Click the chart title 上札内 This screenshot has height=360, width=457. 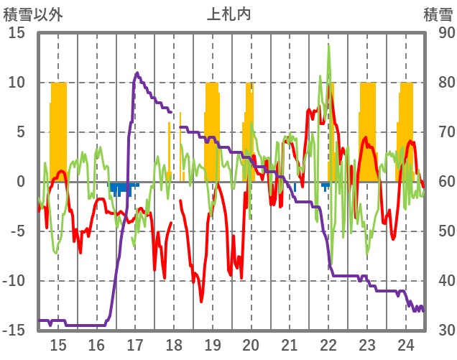(x=228, y=14)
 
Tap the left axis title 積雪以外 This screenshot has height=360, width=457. (x=32, y=14)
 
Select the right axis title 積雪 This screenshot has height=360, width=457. (x=436, y=14)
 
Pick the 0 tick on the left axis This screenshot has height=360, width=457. (x=21, y=182)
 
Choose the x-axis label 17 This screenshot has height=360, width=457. (x=135, y=344)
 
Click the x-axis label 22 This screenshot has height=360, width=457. (x=328, y=344)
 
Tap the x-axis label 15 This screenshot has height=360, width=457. (x=58, y=344)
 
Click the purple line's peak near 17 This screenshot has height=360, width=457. (x=137, y=73)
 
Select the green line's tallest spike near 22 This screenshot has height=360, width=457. (x=328, y=47)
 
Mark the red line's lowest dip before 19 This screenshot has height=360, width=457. (x=201, y=300)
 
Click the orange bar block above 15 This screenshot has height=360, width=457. (x=58, y=129)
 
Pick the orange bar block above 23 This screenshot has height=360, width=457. (x=368, y=129)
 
